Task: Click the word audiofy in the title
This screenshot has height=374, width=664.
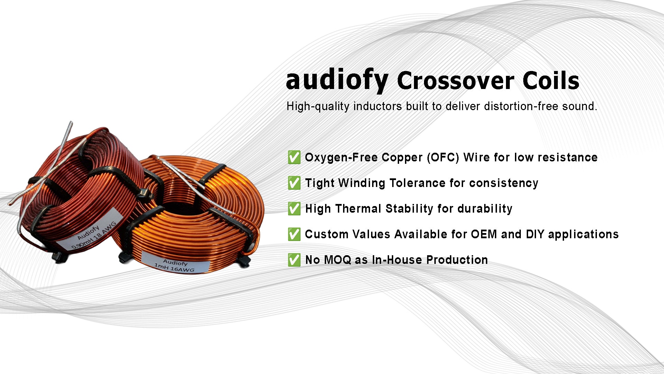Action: (x=337, y=80)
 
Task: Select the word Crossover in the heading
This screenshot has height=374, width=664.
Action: (x=456, y=81)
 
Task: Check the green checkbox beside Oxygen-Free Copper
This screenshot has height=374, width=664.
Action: (x=294, y=157)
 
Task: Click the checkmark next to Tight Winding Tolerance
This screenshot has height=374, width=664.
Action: (x=294, y=183)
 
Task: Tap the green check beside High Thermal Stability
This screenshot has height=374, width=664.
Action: (x=294, y=208)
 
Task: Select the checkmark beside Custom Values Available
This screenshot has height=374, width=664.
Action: (x=294, y=234)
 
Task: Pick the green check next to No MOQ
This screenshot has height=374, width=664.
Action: (x=294, y=260)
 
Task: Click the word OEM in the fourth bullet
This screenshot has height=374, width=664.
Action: (x=484, y=234)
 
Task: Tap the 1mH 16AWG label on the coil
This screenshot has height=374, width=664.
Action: (x=175, y=265)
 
